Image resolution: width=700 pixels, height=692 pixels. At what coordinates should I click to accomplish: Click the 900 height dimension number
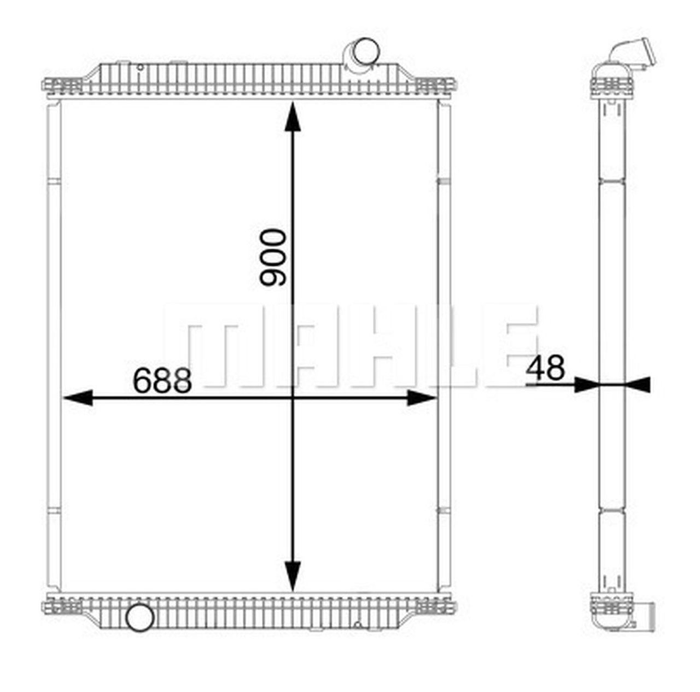273,258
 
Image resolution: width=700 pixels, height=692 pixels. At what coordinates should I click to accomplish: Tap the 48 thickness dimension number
545,368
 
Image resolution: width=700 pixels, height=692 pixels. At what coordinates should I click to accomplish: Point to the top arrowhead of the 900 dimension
293,117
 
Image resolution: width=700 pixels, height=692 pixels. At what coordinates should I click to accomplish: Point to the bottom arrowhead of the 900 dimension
293,575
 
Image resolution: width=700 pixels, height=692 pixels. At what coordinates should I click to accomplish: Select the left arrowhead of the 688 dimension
77,398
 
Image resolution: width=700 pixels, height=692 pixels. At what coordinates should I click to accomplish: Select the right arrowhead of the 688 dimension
422,398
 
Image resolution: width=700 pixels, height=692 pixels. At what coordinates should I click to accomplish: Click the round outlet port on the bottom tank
139,618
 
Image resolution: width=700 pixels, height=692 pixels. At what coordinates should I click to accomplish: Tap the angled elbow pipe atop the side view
634,55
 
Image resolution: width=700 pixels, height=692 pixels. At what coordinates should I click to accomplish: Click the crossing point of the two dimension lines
293,398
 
